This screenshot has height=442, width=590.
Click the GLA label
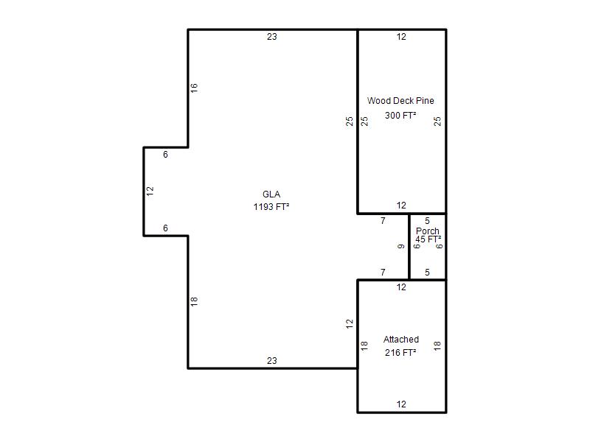(271, 194)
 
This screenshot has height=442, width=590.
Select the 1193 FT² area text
(271, 206)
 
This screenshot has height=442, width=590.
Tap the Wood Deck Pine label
(400, 101)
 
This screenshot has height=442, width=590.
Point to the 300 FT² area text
(400, 115)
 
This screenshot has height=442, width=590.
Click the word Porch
(428, 231)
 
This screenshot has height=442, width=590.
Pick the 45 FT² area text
(428, 239)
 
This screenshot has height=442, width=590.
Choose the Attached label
(401, 340)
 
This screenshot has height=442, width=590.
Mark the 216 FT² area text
(400, 353)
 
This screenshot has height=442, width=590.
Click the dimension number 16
(194, 88)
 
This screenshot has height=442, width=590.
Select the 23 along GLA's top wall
(272, 36)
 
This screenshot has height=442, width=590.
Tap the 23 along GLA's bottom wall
(272, 361)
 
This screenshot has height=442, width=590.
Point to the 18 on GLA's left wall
(194, 301)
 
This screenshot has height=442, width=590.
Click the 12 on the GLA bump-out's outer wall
(150, 191)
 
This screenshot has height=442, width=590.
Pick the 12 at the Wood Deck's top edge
(401, 36)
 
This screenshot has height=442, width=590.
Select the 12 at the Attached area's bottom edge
(401, 404)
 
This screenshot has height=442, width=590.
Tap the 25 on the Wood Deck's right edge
(437, 121)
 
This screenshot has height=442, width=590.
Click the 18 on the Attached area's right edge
(437, 345)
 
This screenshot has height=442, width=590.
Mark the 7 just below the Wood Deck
(383, 220)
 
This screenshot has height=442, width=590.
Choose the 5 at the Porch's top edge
(427, 220)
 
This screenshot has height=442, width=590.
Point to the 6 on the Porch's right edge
(439, 246)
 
